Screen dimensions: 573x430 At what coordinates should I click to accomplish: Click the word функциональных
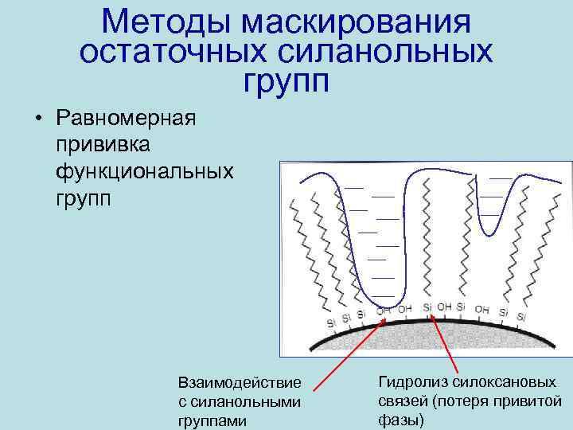[144, 170]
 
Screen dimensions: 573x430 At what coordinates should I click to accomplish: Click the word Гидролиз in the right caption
[411, 382]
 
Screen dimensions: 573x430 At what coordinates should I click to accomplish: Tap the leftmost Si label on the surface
[331, 322]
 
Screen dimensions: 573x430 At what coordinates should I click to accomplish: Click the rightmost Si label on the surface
[521, 317]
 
